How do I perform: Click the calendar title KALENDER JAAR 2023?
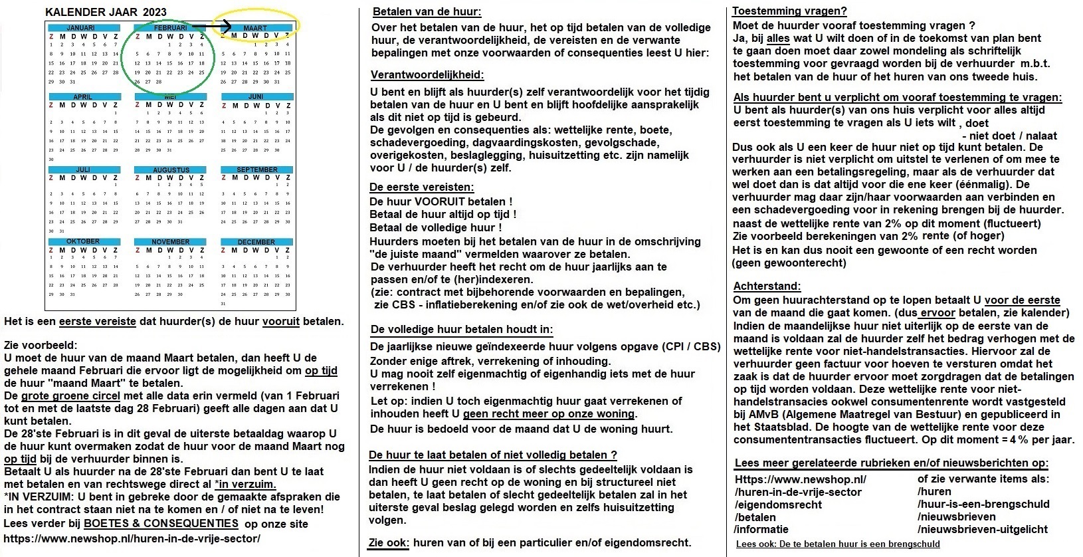(106, 12)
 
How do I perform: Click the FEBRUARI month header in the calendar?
(170, 28)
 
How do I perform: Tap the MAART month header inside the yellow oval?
(255, 28)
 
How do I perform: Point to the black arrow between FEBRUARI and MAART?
(219, 27)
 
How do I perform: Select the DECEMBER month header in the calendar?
(256, 242)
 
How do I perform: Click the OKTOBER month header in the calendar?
(83, 241)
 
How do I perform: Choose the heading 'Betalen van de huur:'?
(427, 12)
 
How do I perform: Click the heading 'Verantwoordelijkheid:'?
(427, 74)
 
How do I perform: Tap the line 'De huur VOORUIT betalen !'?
(441, 201)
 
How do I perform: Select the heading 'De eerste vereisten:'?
(422, 187)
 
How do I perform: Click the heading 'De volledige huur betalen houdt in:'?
(462, 329)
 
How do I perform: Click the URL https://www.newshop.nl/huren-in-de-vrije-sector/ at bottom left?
(132, 538)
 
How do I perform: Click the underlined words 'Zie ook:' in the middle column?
(389, 542)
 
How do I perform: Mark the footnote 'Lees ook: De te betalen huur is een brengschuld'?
(838, 544)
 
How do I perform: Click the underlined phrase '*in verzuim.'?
(245, 485)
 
